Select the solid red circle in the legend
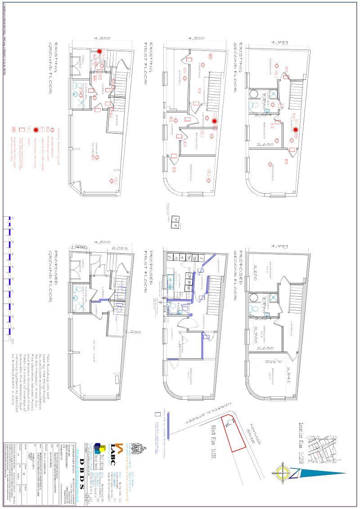click(36, 130)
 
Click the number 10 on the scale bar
click(12, 339)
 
